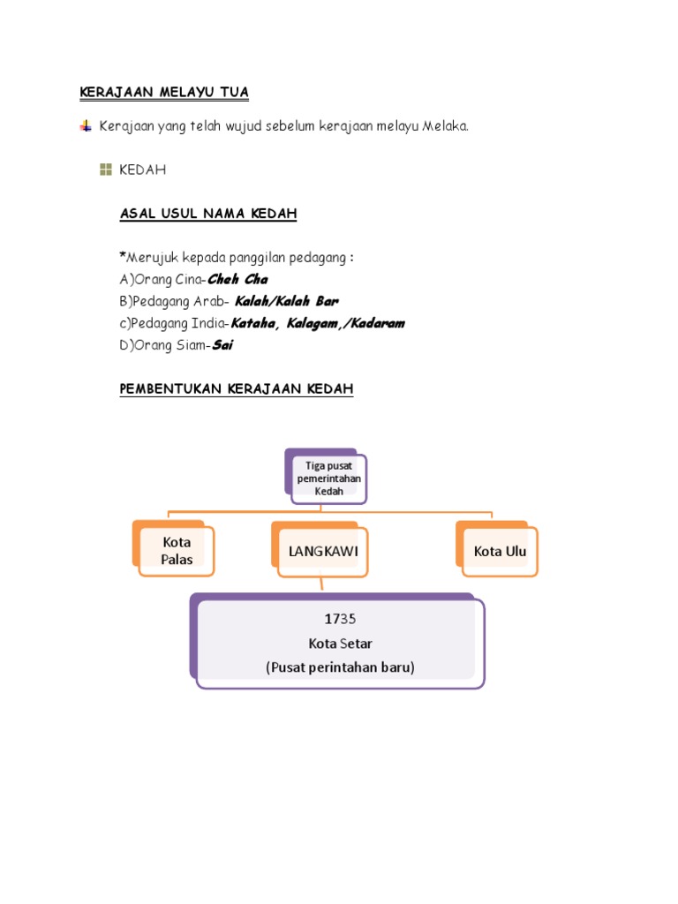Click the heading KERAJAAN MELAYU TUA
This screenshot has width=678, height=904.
[164, 92]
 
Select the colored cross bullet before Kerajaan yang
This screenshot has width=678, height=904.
[86, 126]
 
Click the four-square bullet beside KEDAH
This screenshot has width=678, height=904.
[106, 169]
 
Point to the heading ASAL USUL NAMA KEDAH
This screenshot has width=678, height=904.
[208, 214]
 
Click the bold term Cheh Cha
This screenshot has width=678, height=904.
[237, 280]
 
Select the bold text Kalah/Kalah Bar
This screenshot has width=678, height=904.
[286, 302]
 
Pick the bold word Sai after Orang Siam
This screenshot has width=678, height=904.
[222, 346]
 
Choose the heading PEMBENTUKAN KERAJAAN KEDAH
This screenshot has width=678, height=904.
[237, 389]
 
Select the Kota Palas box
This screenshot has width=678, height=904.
[177, 551]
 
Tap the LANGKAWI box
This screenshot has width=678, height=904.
[322, 552]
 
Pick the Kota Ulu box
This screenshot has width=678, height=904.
[500, 552]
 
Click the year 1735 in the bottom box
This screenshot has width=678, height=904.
[340, 619]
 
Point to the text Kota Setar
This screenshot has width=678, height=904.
[340, 644]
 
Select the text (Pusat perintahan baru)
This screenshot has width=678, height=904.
[340, 667]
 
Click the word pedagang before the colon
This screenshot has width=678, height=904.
[319, 258]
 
